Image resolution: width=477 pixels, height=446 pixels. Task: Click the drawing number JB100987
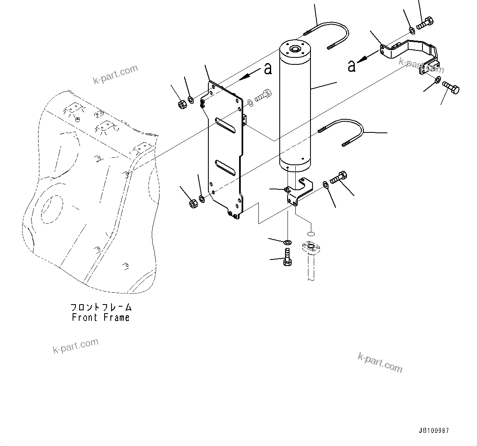(434, 431)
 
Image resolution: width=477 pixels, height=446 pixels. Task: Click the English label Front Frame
(100, 318)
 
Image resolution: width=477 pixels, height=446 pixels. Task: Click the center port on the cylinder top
(294, 50)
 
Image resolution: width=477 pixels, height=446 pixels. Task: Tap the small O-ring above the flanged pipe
(311, 234)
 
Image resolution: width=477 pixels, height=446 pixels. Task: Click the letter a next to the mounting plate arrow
(267, 68)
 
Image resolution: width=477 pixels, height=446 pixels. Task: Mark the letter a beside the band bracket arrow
(351, 66)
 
